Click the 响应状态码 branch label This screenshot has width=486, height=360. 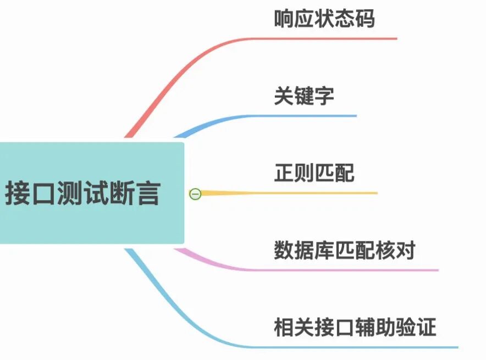point(324,19)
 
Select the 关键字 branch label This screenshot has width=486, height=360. point(303,96)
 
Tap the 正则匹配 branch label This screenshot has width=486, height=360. point(314,173)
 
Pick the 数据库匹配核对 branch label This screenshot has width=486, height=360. point(344,251)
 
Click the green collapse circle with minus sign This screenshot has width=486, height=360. point(195,193)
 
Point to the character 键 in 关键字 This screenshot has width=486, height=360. point(303,96)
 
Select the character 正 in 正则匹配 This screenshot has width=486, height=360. point(284,173)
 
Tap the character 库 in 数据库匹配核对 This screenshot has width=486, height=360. point(324,251)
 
